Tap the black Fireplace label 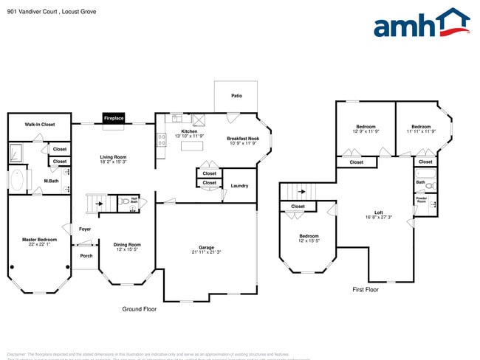113,118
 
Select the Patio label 236,96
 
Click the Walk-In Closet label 40,125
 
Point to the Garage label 206,248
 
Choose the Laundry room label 239,186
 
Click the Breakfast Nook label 243,139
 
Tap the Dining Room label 127,245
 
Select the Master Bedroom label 39,240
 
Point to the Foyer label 85,229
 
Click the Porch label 86,256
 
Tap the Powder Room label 422,199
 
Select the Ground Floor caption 140,309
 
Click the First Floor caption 366,290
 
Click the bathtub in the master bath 17,181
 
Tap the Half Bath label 134,199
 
